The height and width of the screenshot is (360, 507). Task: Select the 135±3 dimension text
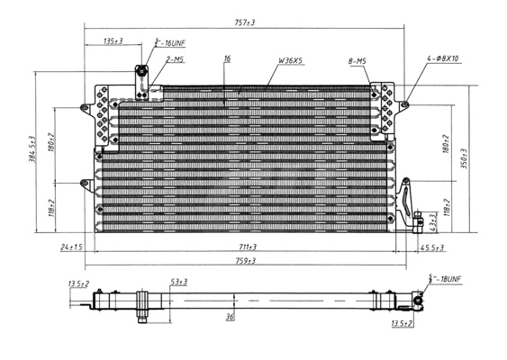(113, 41)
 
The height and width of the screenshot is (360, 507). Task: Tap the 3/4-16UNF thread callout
(170, 42)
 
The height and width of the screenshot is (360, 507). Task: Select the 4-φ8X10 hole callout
(443, 59)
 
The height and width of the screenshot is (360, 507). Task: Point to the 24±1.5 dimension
(71, 247)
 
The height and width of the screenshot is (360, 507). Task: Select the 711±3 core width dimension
(247, 247)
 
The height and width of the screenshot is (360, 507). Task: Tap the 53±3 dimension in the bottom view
(178, 283)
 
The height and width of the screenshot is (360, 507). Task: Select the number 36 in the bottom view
(230, 316)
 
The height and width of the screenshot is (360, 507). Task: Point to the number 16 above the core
(227, 59)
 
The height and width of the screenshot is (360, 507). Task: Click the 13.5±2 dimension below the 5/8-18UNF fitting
(403, 322)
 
